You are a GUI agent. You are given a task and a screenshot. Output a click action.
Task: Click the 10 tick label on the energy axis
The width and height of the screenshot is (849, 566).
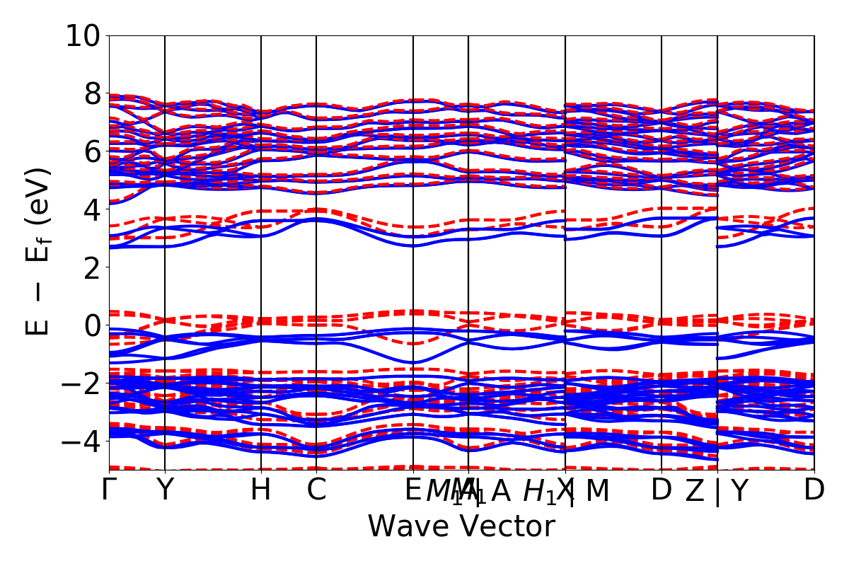pos(84,35)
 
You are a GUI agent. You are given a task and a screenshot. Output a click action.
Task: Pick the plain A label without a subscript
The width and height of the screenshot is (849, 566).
pos(501,490)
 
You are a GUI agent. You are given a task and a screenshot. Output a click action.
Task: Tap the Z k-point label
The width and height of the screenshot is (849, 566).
pos(695,490)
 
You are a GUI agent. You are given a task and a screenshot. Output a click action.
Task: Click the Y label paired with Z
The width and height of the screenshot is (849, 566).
pos(739,490)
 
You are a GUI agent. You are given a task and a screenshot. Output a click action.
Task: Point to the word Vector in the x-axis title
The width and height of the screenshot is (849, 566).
pos(504,527)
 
